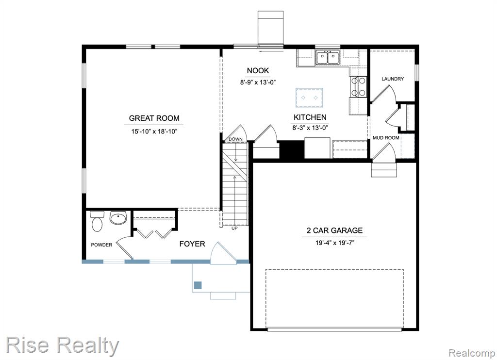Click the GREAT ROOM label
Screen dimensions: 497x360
154,118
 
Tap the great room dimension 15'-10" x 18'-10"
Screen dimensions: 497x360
154,131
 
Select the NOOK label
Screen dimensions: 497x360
258,71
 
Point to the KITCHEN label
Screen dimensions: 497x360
310,117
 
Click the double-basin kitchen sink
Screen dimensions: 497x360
328,57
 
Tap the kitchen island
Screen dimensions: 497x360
309,98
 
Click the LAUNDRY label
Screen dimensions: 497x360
393,79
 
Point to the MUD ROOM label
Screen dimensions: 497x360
386,138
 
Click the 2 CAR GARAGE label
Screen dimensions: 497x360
334,230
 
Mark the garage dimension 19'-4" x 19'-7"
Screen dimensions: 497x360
334,243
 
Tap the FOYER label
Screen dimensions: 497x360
192,244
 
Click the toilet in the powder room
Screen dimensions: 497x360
97,221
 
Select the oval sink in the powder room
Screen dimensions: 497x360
118,218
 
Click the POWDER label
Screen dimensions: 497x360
101,245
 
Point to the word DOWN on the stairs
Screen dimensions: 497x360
235,139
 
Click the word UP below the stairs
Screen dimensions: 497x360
234,228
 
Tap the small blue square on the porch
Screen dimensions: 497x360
198,285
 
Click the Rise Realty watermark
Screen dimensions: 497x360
63,345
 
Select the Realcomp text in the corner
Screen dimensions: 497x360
472,353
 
